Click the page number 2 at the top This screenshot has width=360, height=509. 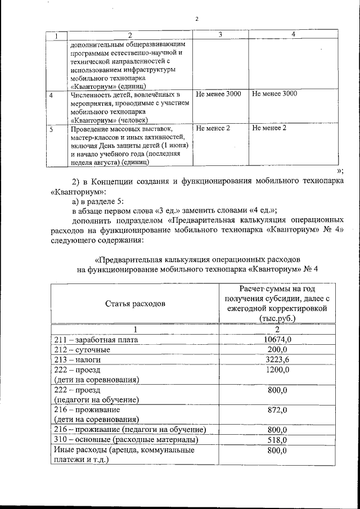(197, 20)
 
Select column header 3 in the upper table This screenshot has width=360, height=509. (220, 35)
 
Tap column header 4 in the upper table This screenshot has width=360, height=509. (293, 35)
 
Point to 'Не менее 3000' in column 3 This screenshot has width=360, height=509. (218, 94)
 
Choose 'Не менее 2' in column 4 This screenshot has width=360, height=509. (269, 128)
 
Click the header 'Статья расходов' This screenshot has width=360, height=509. (135, 304)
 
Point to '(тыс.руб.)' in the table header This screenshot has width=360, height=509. (277, 318)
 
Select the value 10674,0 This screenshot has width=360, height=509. (277, 340)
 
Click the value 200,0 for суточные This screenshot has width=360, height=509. (277, 350)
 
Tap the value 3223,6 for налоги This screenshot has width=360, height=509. (277, 360)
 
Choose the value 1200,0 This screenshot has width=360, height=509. (277, 370)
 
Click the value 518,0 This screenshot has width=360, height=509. (277, 440)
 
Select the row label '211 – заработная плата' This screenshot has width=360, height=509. (96, 340)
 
